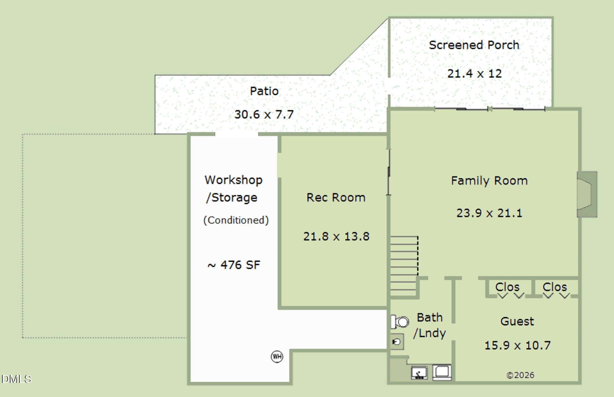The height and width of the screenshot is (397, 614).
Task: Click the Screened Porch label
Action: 474,45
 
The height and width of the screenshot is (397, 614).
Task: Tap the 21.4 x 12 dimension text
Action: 474,74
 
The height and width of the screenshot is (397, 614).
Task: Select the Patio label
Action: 264,91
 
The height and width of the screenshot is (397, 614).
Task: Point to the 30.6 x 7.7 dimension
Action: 264,114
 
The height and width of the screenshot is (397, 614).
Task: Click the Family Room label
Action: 489,181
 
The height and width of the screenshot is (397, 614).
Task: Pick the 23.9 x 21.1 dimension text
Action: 489,213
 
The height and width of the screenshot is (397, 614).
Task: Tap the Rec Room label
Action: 336,197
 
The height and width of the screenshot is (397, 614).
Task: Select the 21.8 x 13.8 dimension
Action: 336,236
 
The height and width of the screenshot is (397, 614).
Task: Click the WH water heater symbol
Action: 277,357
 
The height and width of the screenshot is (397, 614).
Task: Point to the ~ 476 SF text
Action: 234,265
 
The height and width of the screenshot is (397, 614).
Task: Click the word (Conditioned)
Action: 236,220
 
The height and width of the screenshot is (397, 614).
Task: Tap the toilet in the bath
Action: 400,322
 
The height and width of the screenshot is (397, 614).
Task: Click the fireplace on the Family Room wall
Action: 587,194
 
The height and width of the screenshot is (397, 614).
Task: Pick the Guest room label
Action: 517,321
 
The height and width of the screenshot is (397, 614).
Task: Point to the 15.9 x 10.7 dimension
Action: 518,345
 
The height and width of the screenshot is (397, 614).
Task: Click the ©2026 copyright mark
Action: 520,375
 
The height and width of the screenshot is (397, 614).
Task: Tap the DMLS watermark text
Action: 16,379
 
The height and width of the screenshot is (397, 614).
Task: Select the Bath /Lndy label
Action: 429,325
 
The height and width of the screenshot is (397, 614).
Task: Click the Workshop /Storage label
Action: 233,189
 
